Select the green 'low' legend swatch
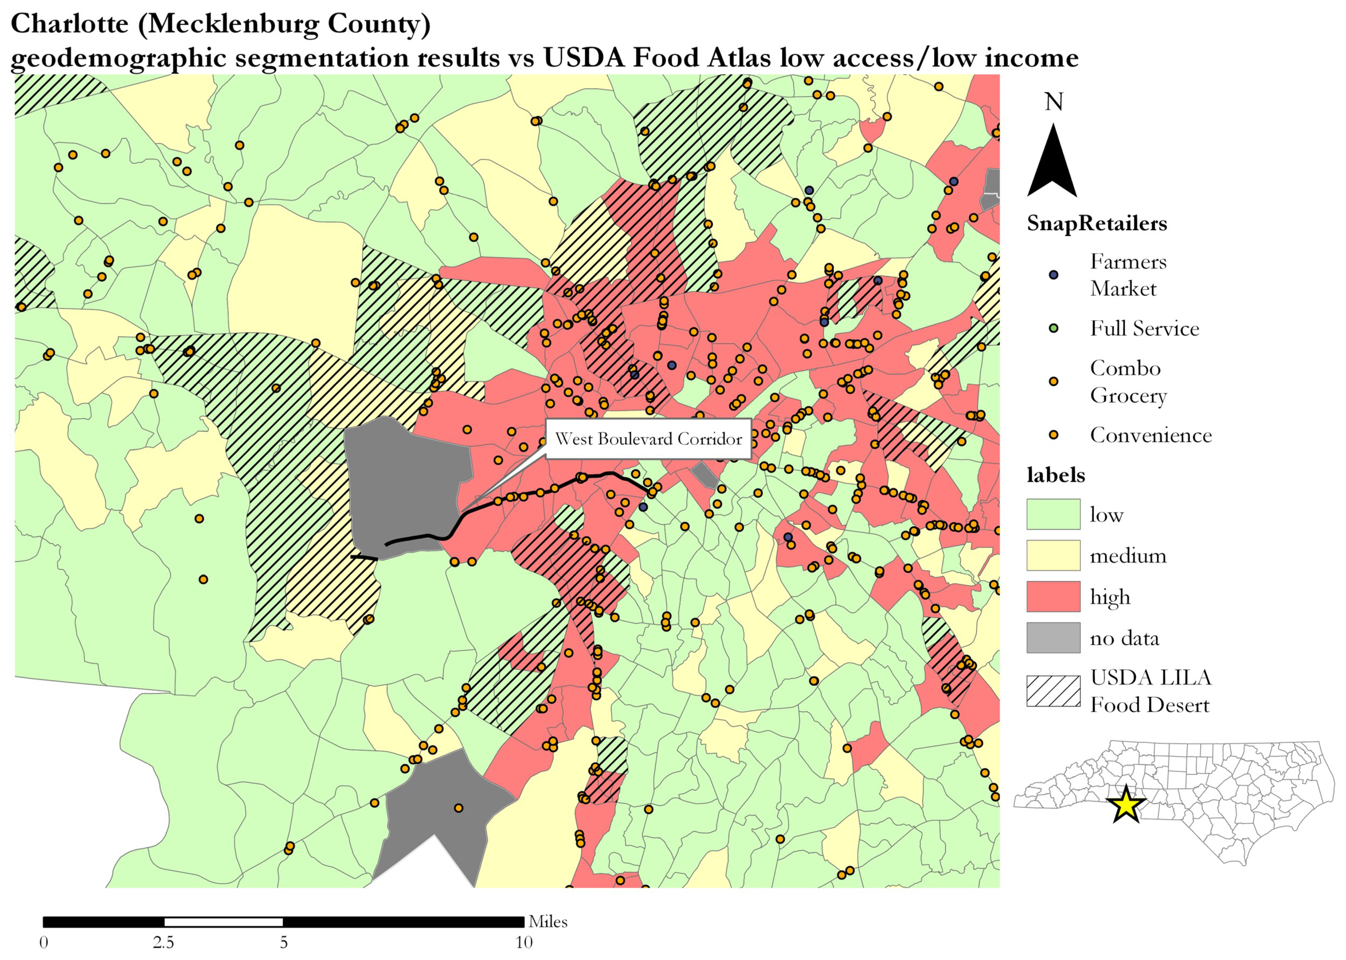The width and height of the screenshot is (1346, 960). tap(1053, 514)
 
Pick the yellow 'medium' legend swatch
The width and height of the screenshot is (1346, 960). tap(1053, 555)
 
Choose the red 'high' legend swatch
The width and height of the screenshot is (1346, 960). tap(1053, 597)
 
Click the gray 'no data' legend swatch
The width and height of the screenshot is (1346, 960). tap(1053, 638)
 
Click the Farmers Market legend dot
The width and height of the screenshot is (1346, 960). tap(1053, 275)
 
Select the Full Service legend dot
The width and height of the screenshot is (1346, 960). tap(1053, 328)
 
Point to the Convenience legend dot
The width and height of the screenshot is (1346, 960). tap(1053, 435)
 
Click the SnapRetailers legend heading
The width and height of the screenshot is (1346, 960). tap(1097, 223)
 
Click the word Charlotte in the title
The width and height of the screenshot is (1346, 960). tap(70, 24)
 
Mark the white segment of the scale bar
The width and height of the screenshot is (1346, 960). tap(223, 922)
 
